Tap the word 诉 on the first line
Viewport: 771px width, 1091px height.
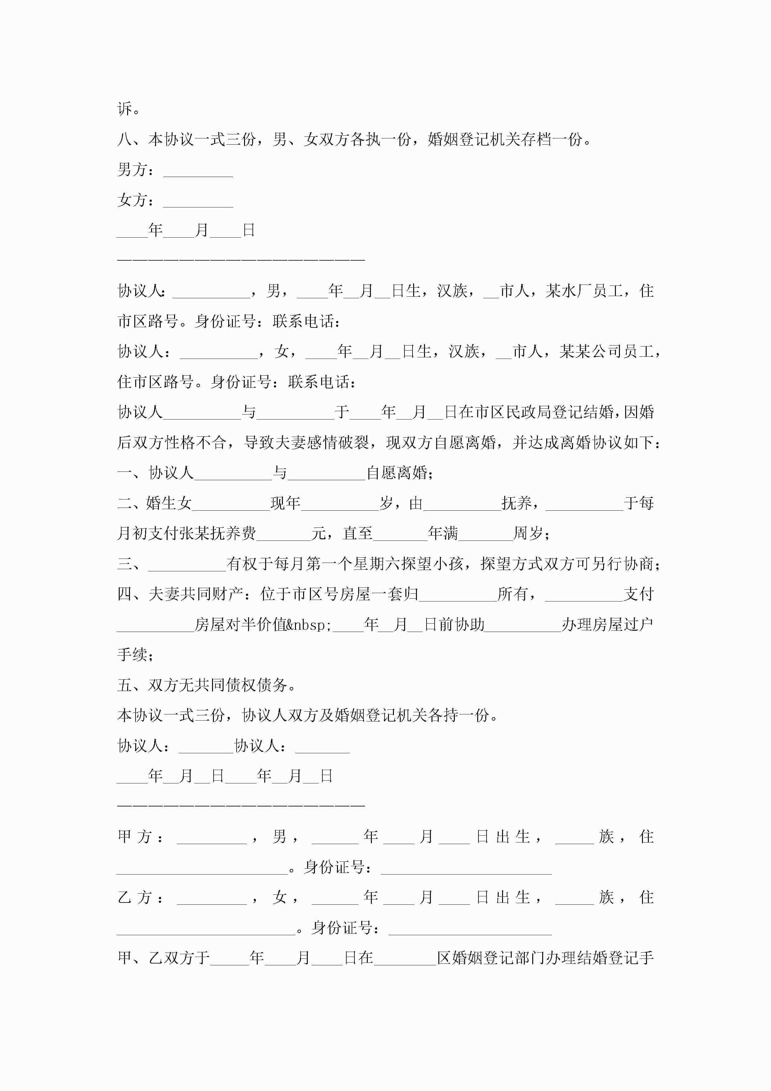(x=124, y=109)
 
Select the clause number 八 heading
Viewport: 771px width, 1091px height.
(x=124, y=139)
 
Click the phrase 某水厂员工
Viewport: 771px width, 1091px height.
(x=584, y=291)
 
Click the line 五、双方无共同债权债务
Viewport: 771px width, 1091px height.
(x=207, y=685)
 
